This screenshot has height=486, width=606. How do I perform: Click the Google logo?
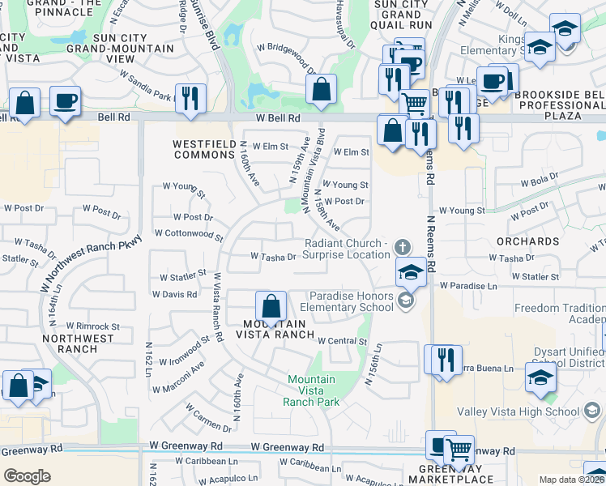[27, 476]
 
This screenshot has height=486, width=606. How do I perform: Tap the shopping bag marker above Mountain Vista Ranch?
[271, 307]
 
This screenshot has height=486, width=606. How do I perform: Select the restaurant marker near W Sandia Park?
[190, 98]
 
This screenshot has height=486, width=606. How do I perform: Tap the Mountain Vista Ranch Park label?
[312, 390]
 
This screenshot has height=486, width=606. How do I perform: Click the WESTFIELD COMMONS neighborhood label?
[203, 149]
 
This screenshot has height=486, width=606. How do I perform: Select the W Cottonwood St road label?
[188, 235]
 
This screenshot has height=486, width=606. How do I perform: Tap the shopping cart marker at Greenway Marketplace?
[459, 450]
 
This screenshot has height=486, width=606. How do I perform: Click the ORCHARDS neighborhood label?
[528, 241]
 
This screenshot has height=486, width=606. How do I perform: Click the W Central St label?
[343, 341]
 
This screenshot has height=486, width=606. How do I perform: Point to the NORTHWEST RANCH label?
[70, 343]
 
